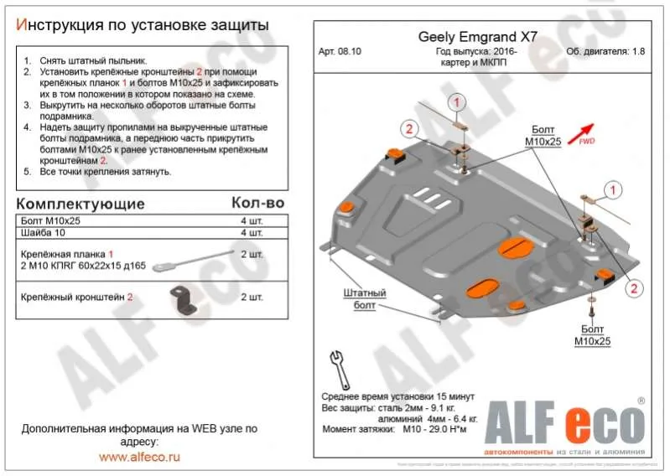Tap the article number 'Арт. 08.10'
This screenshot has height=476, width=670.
pyautogui.click(x=343, y=52)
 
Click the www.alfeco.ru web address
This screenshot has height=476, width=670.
pyautogui.click(x=139, y=457)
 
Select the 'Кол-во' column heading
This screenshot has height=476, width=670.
pyautogui.click(x=257, y=204)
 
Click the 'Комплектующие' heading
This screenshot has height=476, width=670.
pyautogui.click(x=81, y=204)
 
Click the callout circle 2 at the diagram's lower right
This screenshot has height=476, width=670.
pyautogui.click(x=635, y=288)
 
